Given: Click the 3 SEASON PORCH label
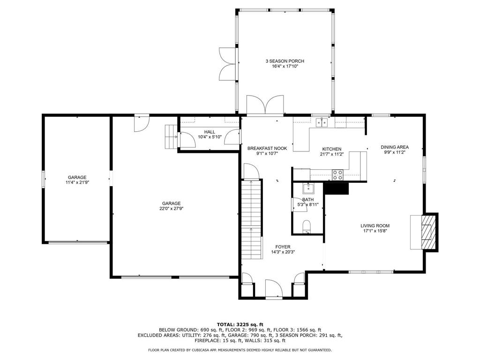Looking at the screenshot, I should click(285, 61).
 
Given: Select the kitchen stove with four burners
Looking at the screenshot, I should click(337, 175).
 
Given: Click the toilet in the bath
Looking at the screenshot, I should click(307, 226).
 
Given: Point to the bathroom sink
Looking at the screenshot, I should click(308, 189).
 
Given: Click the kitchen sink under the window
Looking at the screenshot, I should click(322, 123).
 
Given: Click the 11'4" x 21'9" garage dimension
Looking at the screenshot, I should click(77, 182).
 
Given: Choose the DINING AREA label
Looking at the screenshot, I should click(394, 147).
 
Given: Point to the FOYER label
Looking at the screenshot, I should click(283, 247).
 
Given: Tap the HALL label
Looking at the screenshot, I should click(209, 132).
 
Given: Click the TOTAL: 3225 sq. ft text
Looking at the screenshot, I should click(240, 324).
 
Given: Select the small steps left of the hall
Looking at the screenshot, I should click(170, 137).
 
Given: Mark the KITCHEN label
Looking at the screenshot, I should click(331, 149).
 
